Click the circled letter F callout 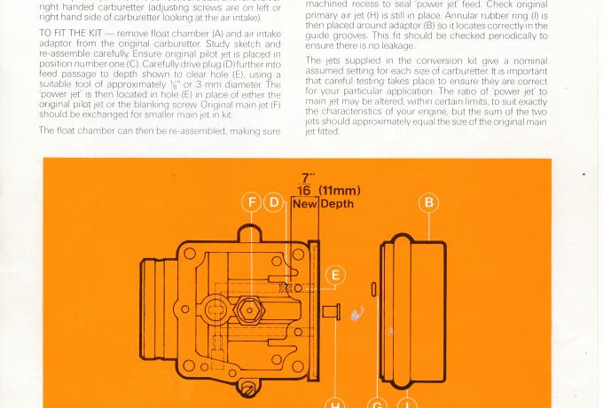(x=252, y=202)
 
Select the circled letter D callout (x=274, y=202)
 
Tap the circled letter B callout (x=429, y=202)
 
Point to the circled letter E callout (x=334, y=275)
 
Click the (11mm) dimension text (x=341, y=189)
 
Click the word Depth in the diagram (x=337, y=204)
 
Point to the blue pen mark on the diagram (x=357, y=313)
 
